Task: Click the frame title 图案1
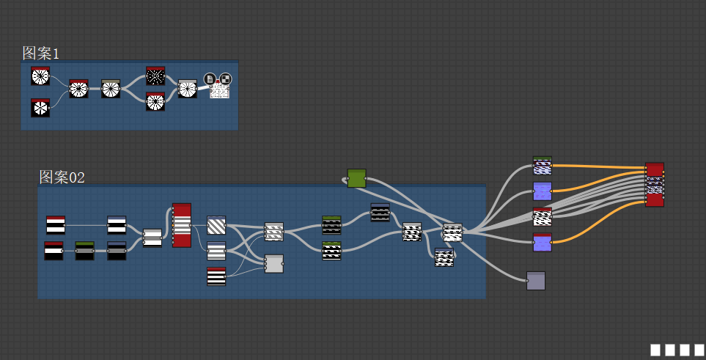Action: [40, 53]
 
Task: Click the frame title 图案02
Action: [62, 177]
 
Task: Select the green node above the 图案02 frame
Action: [356, 178]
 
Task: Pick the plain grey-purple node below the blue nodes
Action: [536, 281]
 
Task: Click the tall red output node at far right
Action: [655, 184]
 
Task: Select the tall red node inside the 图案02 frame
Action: [181, 225]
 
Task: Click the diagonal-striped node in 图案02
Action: [216, 224]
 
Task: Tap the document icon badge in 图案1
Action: [210, 78]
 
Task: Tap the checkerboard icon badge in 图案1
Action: [225, 78]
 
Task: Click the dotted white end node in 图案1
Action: [220, 91]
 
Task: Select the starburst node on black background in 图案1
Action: [155, 76]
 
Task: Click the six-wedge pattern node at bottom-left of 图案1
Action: [40, 108]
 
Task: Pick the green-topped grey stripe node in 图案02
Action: [84, 251]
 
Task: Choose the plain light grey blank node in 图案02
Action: [273, 264]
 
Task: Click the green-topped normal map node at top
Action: [542, 166]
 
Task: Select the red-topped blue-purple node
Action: [542, 242]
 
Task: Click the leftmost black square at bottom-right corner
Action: [655, 350]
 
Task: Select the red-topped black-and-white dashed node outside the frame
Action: [542, 216]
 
